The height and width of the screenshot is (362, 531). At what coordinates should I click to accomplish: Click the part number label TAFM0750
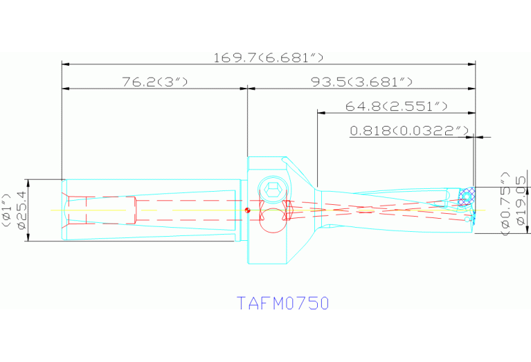tap(282, 303)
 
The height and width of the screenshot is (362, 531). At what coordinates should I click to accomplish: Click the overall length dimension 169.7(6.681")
tap(269, 57)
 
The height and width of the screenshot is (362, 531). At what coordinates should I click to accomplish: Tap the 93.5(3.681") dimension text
tap(361, 82)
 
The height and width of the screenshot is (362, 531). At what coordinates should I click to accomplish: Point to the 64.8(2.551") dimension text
tap(396, 106)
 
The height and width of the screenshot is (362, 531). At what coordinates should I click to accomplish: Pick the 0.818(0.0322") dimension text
tap(410, 130)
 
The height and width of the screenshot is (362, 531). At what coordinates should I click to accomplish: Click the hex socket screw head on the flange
tap(271, 188)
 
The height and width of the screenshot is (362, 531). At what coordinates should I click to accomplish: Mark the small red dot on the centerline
tap(247, 210)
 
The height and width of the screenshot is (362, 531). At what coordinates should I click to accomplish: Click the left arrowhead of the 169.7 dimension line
tap(65, 64)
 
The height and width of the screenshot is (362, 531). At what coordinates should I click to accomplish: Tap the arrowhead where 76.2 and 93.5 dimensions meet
tap(247, 89)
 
